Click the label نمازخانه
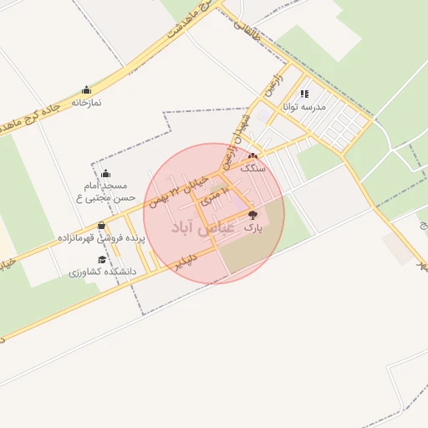pyautogui.click(x=86, y=102)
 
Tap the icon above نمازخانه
pyautogui.click(x=86, y=89)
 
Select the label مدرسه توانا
pyautogui.click(x=309, y=107)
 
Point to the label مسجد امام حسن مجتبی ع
pyautogui.click(x=106, y=191)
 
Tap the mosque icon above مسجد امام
pyautogui.click(x=105, y=174)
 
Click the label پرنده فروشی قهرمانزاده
pyautogui.click(x=101, y=238)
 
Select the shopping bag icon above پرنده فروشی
pyautogui.click(x=101, y=225)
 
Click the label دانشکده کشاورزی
pyautogui.click(x=98, y=273)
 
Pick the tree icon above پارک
pyautogui.click(x=252, y=215)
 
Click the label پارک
pyautogui.click(x=252, y=227)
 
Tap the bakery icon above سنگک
pyautogui.click(x=252, y=155)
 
